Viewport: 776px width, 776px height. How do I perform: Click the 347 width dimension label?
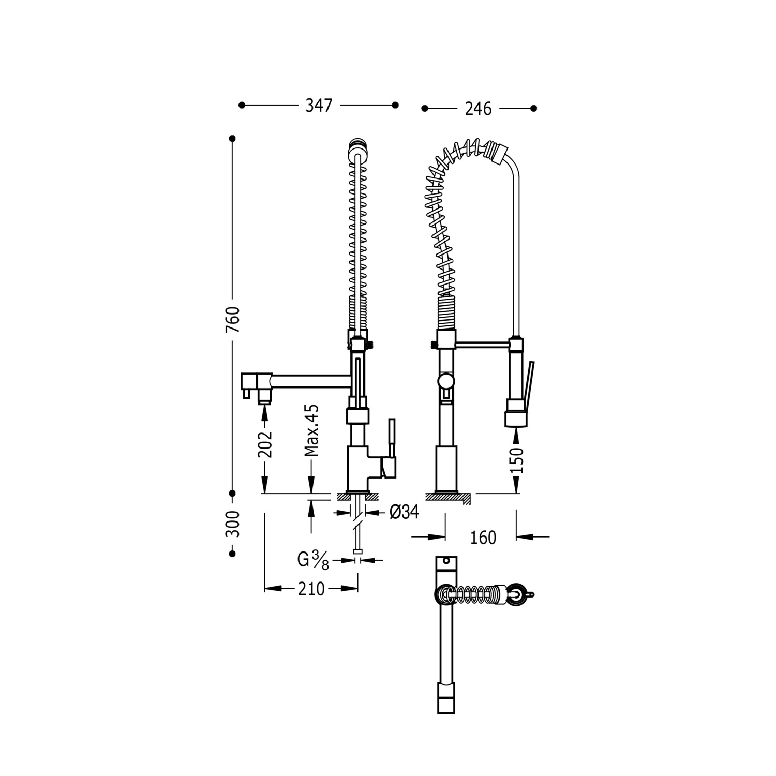(x=319, y=106)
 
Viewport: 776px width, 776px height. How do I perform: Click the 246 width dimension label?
(x=478, y=109)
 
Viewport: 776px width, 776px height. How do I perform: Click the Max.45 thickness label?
(x=311, y=430)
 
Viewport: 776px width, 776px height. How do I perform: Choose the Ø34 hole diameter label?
(x=404, y=512)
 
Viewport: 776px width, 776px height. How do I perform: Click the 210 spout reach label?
(x=311, y=589)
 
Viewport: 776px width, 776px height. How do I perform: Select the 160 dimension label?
(x=483, y=538)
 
